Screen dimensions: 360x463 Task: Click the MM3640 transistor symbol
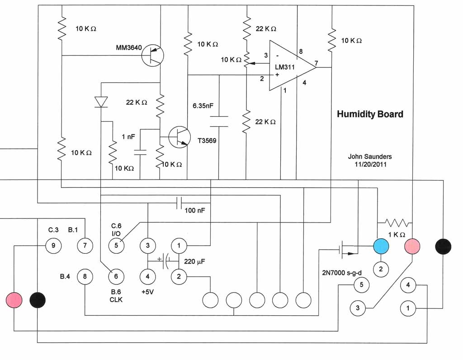[152, 55]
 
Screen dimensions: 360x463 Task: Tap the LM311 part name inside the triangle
[285, 67]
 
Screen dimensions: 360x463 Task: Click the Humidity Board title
[369, 114]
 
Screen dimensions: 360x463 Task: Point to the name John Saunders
[369, 156]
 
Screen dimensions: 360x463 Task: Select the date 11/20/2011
[370, 165]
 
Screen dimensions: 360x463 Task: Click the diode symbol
[101, 102]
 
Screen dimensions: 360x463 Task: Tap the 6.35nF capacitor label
[203, 107]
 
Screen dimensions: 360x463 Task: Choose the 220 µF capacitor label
[194, 261]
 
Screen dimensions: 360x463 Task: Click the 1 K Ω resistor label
[397, 234]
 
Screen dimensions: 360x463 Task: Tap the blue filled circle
[381, 246]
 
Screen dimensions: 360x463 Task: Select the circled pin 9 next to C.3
[53, 246]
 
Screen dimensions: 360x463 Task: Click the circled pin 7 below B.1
[84, 246]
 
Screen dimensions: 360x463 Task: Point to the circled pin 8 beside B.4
[85, 275]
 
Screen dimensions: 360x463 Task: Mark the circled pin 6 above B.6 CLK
[116, 276]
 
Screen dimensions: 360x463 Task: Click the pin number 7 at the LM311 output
[317, 63]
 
